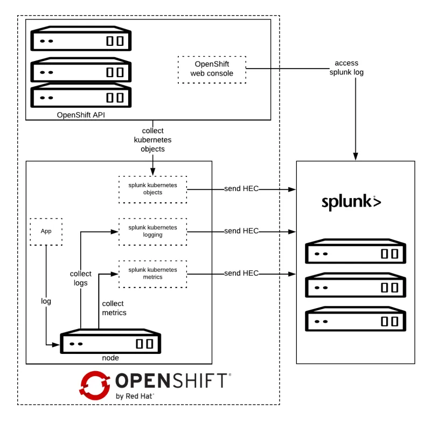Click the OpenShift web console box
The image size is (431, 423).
212,69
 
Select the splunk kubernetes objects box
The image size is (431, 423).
152,189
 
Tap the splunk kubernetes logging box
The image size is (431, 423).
152,231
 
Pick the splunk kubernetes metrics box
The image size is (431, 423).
152,273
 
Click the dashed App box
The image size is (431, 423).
46,231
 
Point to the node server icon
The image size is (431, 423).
110,343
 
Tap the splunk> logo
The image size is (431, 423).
351,202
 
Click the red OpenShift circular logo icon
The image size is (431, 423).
95,384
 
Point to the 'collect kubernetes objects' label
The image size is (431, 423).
152,139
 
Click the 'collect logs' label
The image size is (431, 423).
81,278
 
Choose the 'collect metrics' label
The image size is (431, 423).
114,308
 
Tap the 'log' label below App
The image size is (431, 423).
46,301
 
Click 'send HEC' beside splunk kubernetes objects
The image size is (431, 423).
241,189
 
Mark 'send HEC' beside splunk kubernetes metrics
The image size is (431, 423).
241,273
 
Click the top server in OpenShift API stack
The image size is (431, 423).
81,40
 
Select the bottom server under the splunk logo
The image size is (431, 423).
356,320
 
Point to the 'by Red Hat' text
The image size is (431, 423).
135,396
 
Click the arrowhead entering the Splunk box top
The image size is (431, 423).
355,156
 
